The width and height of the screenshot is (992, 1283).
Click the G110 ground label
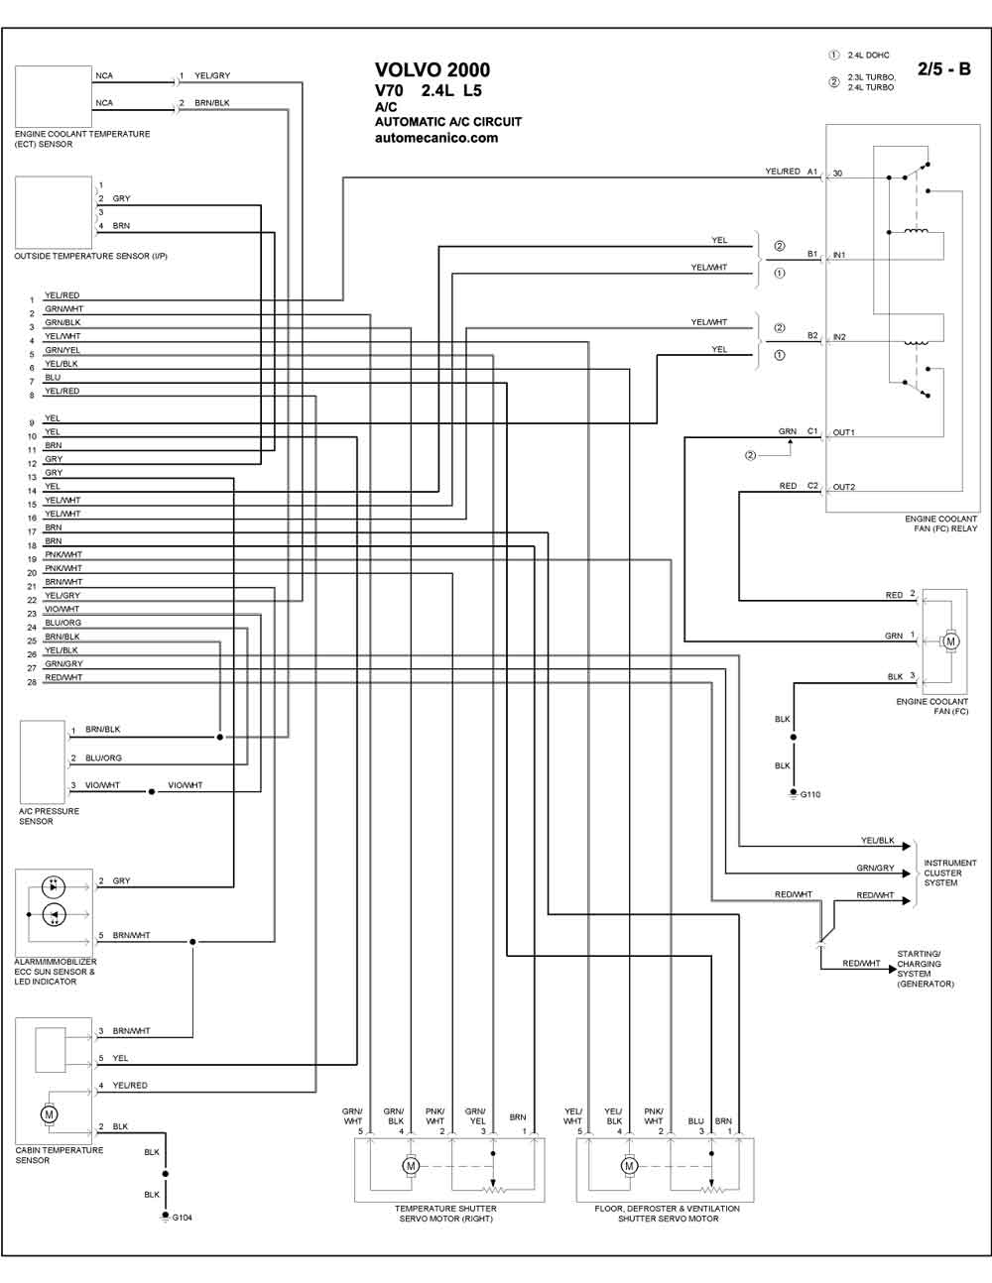(810, 795)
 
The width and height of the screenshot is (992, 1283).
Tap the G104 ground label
(182, 1218)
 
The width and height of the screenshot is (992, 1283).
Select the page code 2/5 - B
(943, 69)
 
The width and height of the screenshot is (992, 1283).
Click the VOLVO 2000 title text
(433, 70)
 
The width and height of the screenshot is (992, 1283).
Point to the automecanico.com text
(436, 138)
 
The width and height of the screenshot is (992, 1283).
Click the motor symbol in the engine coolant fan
(950, 641)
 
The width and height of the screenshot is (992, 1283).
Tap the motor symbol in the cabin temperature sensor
(49, 1114)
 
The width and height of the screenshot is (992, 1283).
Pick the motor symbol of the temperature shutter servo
(411, 1166)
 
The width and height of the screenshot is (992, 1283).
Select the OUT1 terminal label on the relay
(843, 432)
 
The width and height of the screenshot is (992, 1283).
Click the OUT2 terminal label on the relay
(844, 487)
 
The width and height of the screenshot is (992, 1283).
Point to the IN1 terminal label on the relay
(839, 255)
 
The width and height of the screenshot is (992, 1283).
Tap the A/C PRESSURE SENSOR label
(49, 817)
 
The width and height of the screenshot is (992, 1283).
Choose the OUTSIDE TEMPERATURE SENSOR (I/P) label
(91, 256)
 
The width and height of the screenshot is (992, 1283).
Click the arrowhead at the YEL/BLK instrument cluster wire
(907, 846)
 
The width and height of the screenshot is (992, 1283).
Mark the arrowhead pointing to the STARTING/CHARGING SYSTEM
(892, 969)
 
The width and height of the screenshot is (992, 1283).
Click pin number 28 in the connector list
(32, 682)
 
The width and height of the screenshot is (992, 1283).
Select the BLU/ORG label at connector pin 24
(63, 623)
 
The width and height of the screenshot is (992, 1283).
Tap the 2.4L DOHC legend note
(868, 55)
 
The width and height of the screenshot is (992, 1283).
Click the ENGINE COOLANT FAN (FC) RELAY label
(941, 524)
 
